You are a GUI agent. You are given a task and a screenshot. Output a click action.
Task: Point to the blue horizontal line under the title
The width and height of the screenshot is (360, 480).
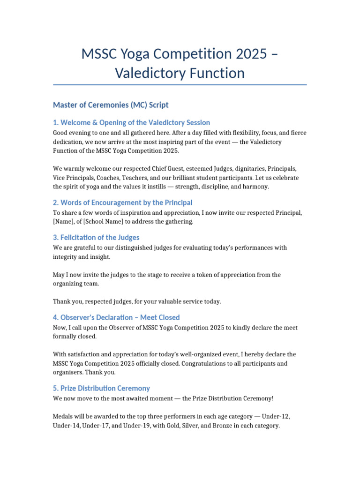pos(180,85)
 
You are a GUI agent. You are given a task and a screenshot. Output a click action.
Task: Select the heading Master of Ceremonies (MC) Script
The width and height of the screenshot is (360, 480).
pos(111,105)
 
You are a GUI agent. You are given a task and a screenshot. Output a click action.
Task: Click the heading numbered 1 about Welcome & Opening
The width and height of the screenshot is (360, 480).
pos(131,123)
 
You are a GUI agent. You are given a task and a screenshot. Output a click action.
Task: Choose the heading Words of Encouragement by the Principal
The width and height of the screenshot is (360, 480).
pos(123,202)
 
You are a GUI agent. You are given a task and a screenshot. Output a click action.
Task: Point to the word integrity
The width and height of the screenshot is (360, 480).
pos(66,257)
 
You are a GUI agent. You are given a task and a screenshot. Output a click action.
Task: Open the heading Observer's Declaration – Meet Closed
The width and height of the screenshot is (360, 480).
pos(116,317)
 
